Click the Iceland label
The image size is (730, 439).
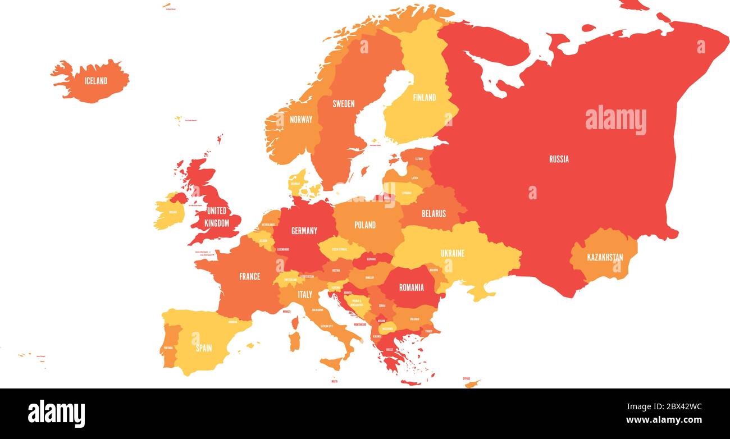tap(95, 81)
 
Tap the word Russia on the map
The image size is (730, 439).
tap(559, 159)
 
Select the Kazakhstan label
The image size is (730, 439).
tap(605, 258)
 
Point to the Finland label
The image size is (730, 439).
tap(424, 97)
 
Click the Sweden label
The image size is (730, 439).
tap(343, 103)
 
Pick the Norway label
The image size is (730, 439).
tap(301, 119)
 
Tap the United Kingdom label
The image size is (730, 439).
tap(217, 217)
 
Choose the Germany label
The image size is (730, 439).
tap(304, 230)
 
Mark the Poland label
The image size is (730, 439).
tap(365, 225)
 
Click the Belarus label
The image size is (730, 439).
tap(434, 213)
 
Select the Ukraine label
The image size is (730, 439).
tap(452, 253)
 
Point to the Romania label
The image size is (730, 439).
tap(411, 287)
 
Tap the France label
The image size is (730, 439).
tap(249, 276)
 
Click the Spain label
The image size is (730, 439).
tap(204, 347)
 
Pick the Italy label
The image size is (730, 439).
tap(305, 294)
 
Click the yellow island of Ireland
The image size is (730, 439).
tap(168, 213)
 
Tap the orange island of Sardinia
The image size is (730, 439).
tap(294, 340)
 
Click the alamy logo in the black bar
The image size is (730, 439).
tap(57, 414)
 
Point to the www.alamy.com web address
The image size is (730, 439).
tap(660, 420)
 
